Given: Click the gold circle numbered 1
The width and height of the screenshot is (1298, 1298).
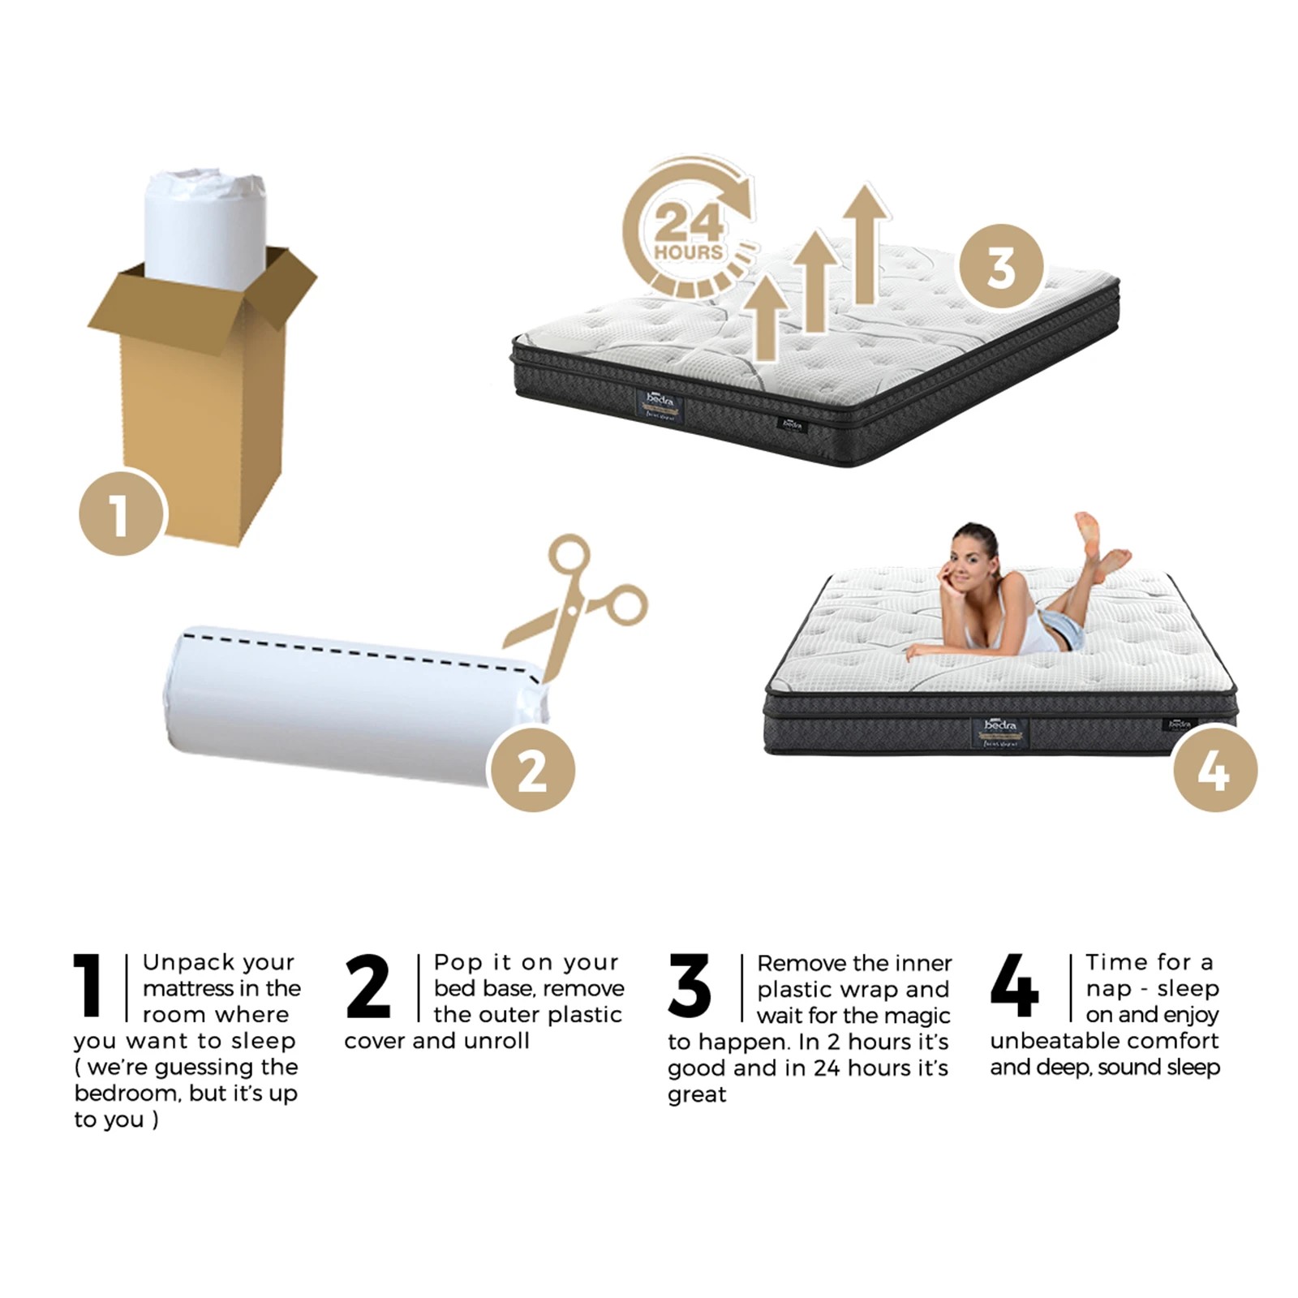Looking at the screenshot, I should tap(122, 513).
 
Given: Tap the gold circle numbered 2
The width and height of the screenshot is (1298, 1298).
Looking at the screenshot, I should tap(532, 769).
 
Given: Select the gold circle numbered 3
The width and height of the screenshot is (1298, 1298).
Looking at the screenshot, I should tap(1000, 266).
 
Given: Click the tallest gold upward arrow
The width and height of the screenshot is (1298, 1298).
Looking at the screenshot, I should tap(866, 243).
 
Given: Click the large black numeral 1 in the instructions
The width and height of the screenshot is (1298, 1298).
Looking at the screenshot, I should tap(88, 985).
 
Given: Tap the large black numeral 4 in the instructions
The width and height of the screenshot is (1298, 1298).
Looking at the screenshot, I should tap(1014, 985).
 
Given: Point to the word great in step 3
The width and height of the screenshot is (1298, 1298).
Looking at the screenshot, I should tap(697, 1094).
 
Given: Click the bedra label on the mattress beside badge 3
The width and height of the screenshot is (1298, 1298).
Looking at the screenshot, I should tap(660, 403).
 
